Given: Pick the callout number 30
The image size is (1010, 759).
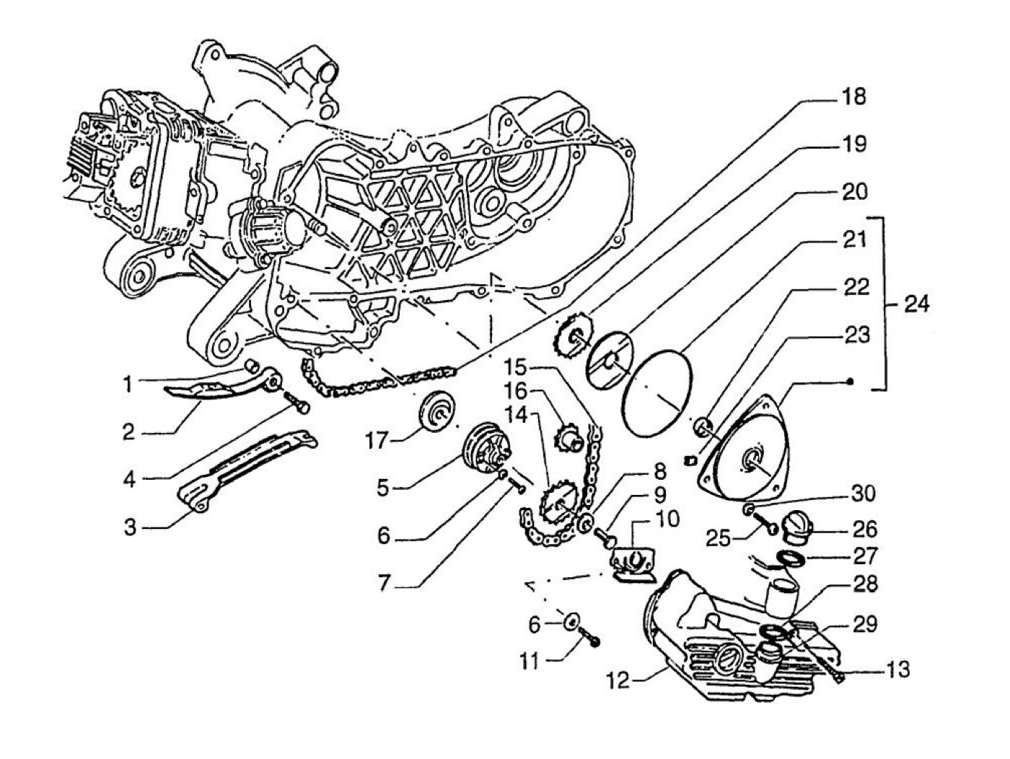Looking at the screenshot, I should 863,494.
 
